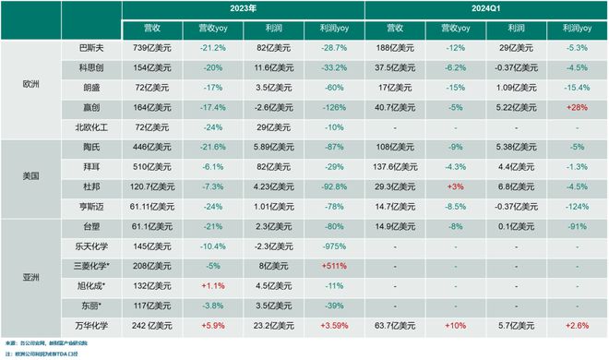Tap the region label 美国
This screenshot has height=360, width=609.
point(30,176)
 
